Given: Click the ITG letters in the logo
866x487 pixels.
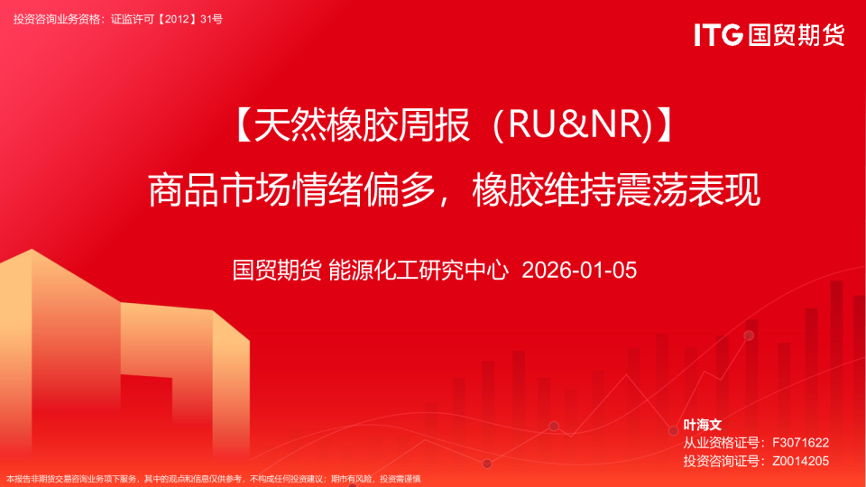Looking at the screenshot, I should (718, 34).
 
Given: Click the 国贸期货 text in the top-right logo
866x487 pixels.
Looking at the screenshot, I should (797, 34).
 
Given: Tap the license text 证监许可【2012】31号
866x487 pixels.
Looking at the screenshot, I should (166, 18).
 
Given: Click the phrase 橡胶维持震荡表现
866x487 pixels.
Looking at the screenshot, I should (616, 190).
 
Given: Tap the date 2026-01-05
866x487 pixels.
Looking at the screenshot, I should (579, 270).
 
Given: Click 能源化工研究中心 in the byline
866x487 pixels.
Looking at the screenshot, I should (419, 270).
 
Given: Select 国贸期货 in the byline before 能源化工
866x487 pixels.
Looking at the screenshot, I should (276, 270).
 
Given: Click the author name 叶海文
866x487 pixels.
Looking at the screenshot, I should (703, 424).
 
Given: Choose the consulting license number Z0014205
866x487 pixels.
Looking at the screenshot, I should (800, 461).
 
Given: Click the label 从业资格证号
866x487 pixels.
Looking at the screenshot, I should (722, 443).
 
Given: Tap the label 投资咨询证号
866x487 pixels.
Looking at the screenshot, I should (722, 461).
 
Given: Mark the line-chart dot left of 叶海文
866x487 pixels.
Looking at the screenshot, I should (673, 430).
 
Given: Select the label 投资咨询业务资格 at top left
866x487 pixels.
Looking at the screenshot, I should (57, 18).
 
